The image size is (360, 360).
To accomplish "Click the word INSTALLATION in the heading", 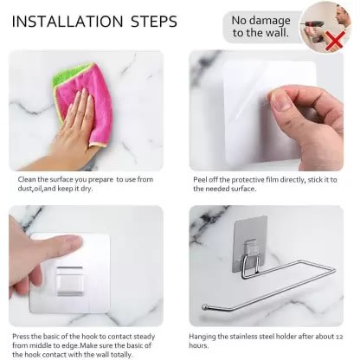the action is tap(67, 22).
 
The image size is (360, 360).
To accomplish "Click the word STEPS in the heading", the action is tap(154, 22).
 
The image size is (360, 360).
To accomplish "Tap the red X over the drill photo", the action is tap(335, 41).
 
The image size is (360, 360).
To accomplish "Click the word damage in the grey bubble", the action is tap(272, 21).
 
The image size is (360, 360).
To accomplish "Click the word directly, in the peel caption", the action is tap(288, 180).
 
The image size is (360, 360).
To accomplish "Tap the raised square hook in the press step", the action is tap(70, 281).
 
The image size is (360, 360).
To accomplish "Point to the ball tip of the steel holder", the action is tap(204, 307).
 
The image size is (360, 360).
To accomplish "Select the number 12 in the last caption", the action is tap(339, 337).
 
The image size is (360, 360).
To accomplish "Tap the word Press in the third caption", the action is tap(21, 337).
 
